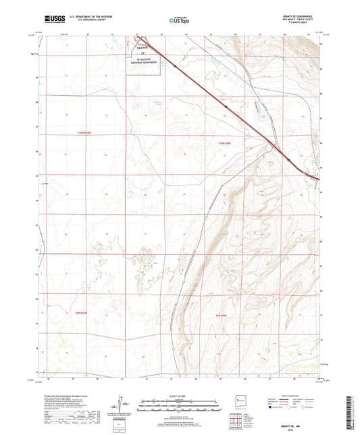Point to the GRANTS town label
click(140, 49)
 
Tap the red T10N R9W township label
click(225, 143)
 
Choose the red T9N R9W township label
click(220, 315)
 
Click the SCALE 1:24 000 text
click(180, 395)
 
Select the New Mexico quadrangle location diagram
click(240, 403)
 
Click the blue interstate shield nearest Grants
click(174, 66)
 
